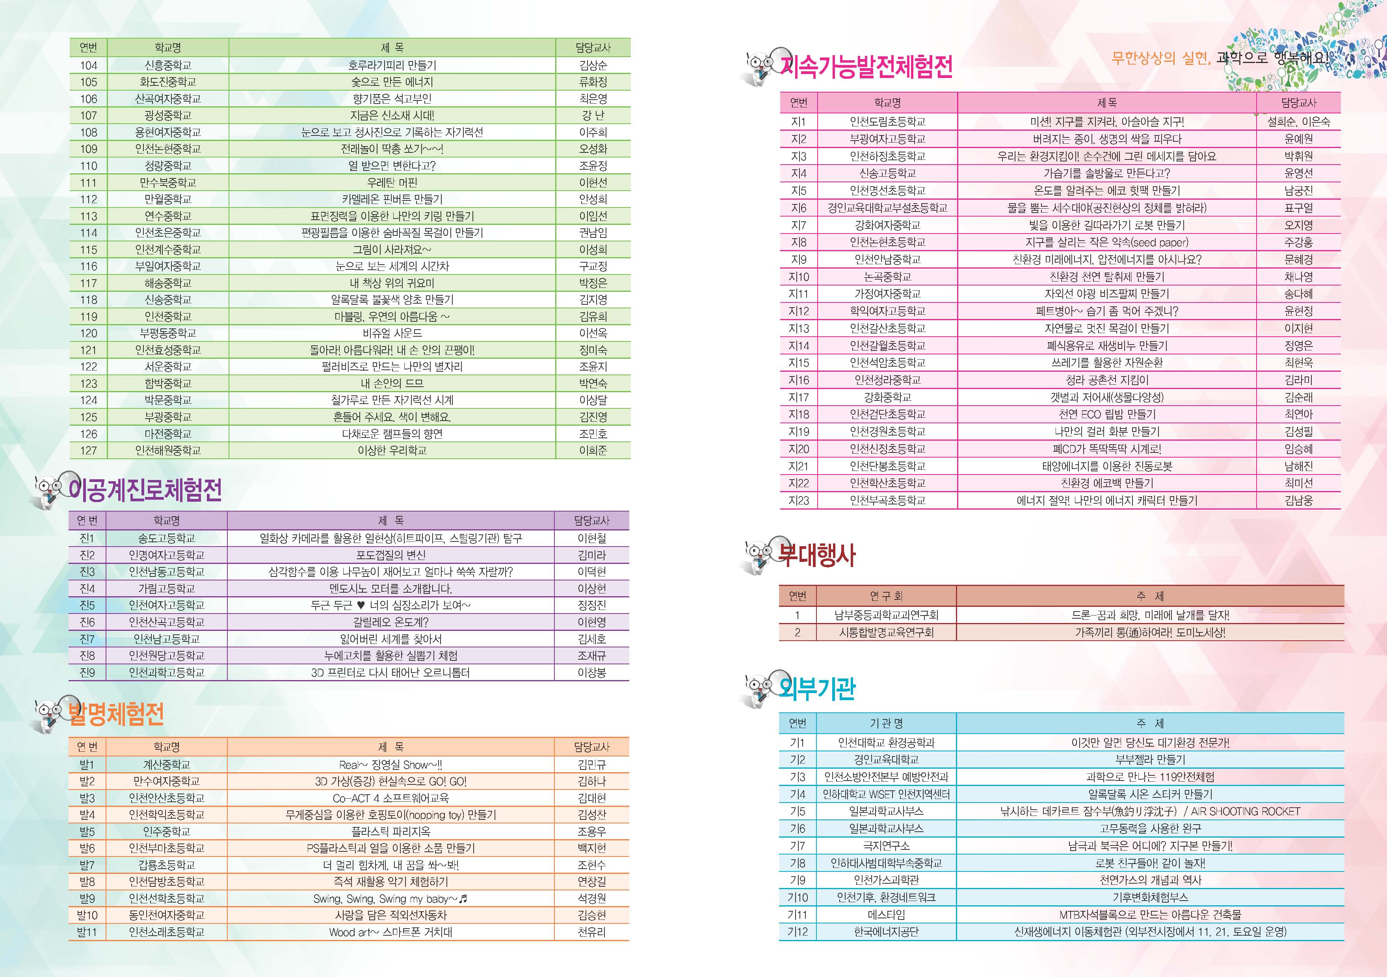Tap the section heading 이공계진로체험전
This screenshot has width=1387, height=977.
(145, 490)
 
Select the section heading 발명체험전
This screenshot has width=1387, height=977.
(116, 714)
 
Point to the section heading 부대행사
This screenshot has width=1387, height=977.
(817, 555)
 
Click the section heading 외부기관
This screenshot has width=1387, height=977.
(817, 688)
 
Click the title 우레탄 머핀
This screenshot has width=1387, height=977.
(392, 182)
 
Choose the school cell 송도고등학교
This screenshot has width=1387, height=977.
(167, 538)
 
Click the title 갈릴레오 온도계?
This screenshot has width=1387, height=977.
(391, 622)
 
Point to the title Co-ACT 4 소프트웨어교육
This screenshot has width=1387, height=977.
(391, 798)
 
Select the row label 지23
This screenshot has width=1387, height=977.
(799, 501)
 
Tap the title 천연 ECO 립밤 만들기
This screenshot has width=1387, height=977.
(1107, 414)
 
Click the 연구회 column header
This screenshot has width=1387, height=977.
(886, 596)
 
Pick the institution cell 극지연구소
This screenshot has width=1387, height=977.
(886, 846)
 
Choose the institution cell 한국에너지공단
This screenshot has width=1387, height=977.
(886, 932)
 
